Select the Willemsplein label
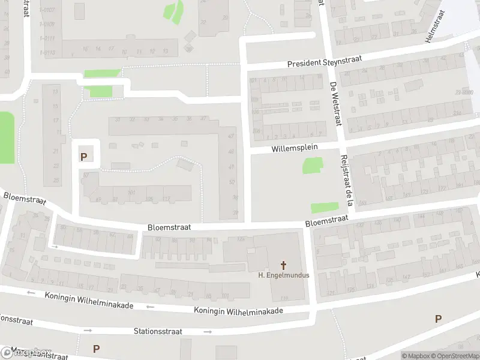pyautogui.click(x=294, y=148)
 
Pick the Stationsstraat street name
pyautogui.click(x=158, y=331)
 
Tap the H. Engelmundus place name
pyautogui.click(x=283, y=275)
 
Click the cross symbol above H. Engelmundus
pyautogui.click(x=283, y=264)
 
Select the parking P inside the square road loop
pyautogui.click(x=83, y=157)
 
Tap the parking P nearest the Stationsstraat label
pyautogui.click(x=96, y=348)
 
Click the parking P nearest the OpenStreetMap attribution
pyautogui.click(x=438, y=319)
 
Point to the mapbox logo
pyautogui.click(x=25, y=352)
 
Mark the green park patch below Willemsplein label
pyautogui.click(x=312, y=166)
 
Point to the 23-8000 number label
pyautogui.click(x=464, y=92)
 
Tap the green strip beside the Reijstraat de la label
pyautogui.click(x=324, y=208)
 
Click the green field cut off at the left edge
pyautogui.click(x=6, y=137)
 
